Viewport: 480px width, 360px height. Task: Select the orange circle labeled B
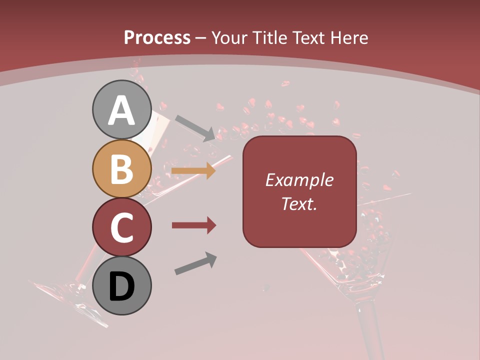pyautogui.click(x=121, y=169)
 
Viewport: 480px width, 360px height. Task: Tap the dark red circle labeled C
pyautogui.click(x=121, y=227)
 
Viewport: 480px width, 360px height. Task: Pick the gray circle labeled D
pyautogui.click(x=121, y=285)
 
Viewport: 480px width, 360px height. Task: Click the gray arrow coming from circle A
pyautogui.click(x=195, y=127)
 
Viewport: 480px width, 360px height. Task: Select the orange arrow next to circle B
pyautogui.click(x=193, y=171)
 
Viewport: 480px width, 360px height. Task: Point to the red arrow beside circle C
pyautogui.click(x=193, y=225)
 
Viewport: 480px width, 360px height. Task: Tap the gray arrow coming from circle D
pyautogui.click(x=195, y=263)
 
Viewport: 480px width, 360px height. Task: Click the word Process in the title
pyautogui.click(x=157, y=37)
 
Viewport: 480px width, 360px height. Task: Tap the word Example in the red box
pyautogui.click(x=299, y=180)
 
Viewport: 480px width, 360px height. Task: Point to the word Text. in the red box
pyautogui.click(x=299, y=203)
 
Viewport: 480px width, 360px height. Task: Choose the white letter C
pyautogui.click(x=121, y=227)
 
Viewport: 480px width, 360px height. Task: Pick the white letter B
pyautogui.click(x=121, y=169)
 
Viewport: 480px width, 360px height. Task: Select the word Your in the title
pyautogui.click(x=228, y=37)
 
